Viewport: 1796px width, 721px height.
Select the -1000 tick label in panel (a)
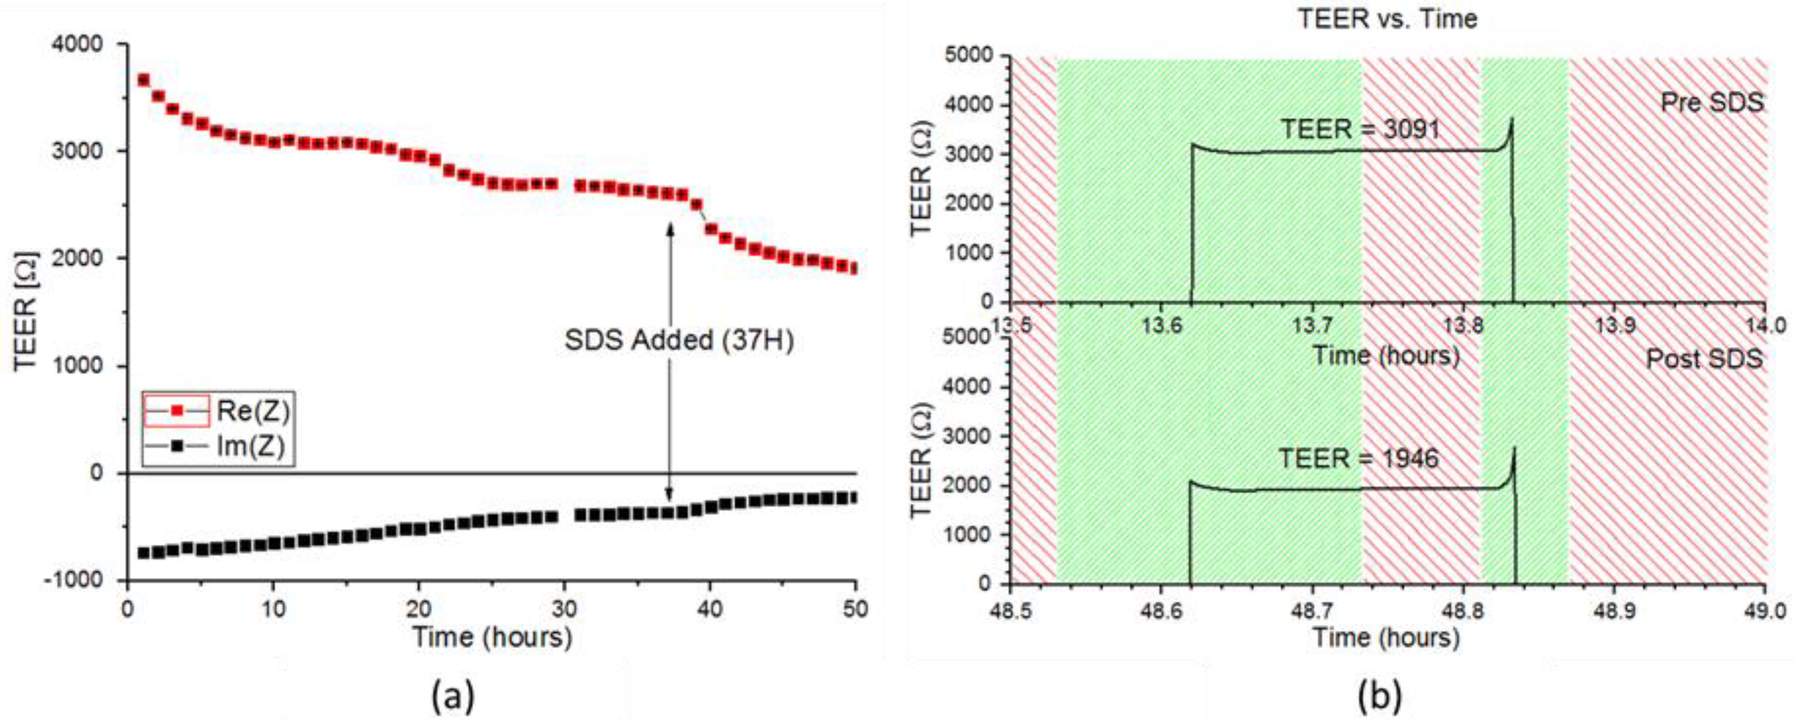[74, 580]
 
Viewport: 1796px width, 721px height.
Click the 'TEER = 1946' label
[1358, 458]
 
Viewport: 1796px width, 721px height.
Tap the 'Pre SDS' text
[1712, 103]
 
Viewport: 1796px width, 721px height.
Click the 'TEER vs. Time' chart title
[1387, 19]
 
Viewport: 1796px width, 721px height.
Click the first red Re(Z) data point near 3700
[143, 80]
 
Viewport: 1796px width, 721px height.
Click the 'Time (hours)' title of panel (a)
[492, 637]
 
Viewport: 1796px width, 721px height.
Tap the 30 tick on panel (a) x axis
[564, 609]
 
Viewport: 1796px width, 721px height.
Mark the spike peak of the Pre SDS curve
[1511, 118]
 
